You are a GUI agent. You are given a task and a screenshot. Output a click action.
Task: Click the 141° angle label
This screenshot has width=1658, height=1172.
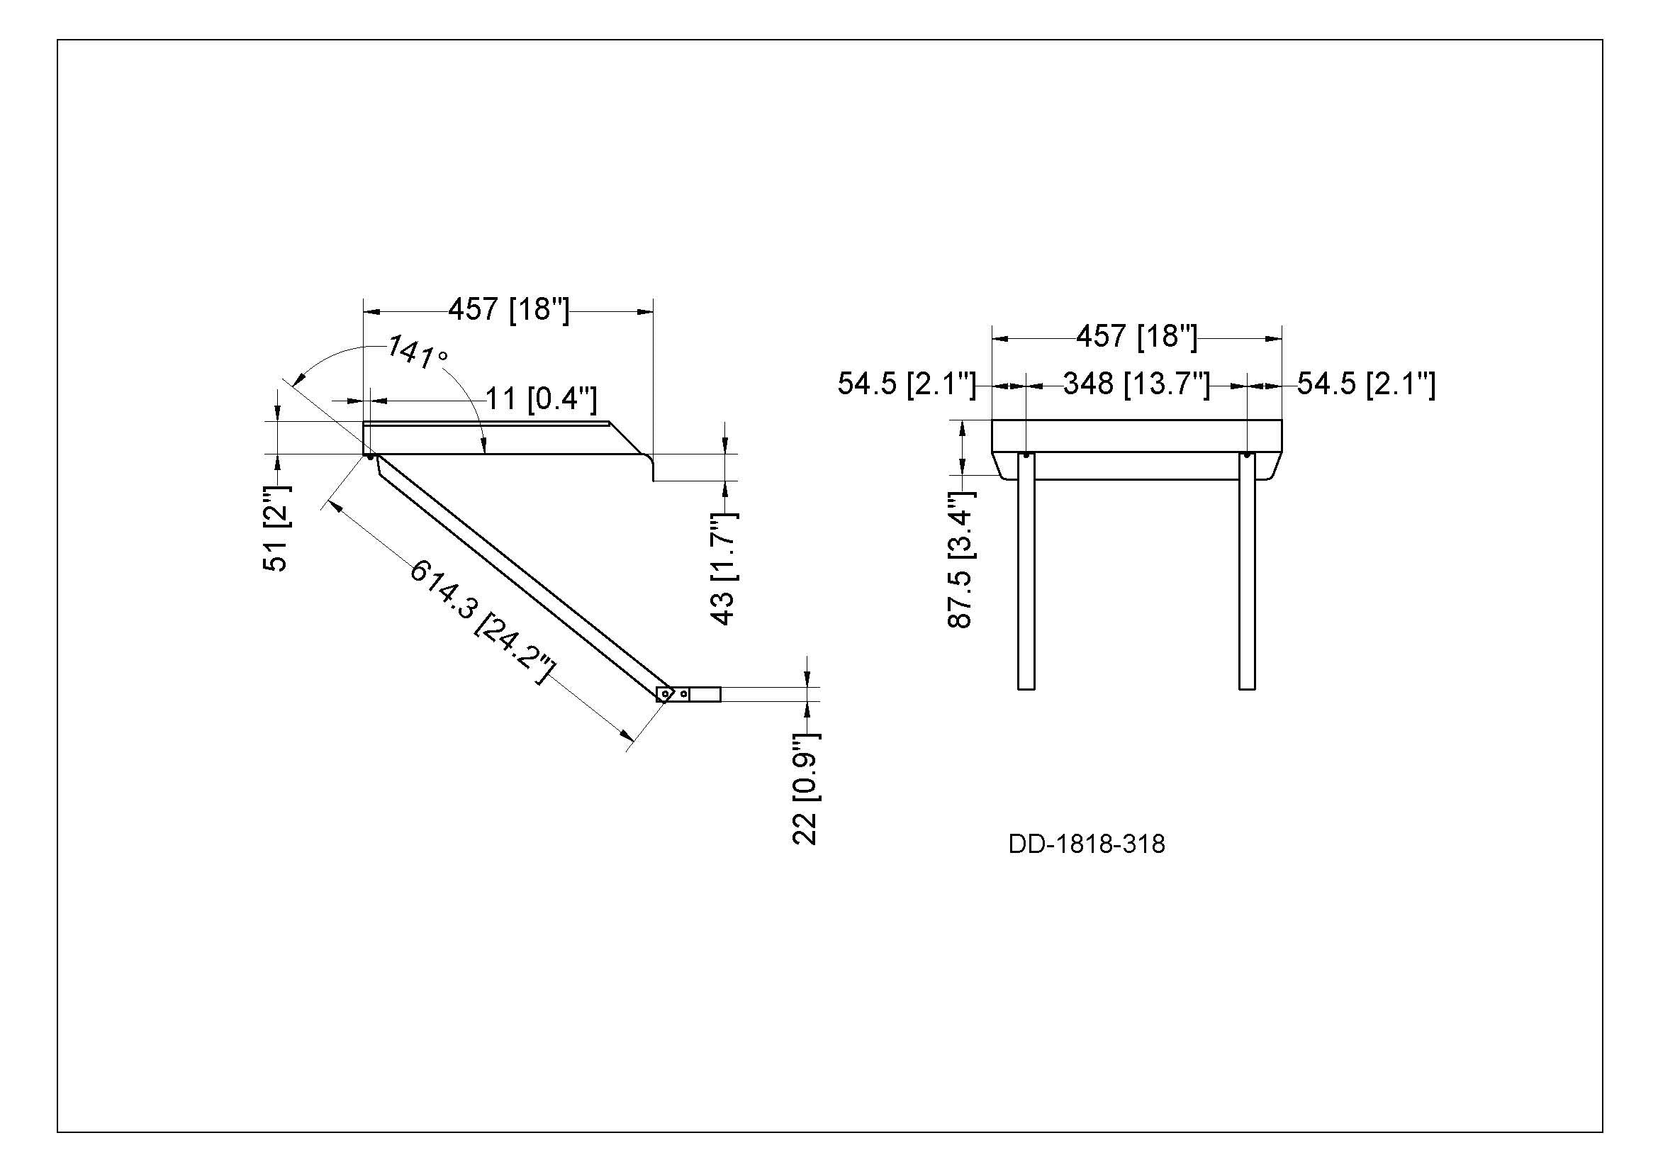418,352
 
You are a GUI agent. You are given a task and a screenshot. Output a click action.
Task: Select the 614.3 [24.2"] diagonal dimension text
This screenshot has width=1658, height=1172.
483,623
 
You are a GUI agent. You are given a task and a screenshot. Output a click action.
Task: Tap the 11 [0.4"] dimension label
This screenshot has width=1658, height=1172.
541,398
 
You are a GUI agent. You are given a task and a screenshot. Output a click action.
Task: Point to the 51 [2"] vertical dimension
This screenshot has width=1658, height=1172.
276,528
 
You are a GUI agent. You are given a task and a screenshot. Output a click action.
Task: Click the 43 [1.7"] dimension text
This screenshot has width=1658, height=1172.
723,569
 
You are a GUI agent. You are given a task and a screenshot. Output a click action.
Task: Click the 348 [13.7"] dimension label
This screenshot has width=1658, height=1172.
1136,384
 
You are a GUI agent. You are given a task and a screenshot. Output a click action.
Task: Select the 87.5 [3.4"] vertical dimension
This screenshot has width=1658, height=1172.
960,559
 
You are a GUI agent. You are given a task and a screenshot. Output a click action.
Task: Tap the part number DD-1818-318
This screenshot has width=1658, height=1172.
1087,844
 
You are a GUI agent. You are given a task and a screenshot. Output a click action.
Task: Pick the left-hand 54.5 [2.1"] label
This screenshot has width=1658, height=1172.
907,384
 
